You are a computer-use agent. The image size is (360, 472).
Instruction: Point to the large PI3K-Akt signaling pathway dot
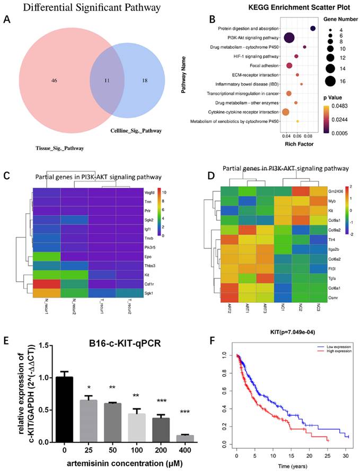coord(289,38)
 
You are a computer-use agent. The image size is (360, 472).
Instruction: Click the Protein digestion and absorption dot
coord(313,28)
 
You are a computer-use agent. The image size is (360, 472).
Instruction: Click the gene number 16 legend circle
coord(330,81)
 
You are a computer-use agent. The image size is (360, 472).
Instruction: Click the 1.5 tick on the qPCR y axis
coord(30,345)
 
